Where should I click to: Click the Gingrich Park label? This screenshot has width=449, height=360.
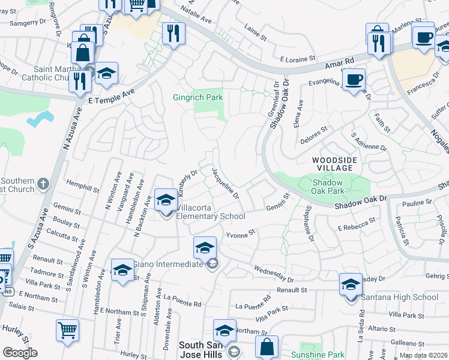[198, 97]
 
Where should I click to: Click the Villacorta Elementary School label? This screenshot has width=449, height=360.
[210, 216]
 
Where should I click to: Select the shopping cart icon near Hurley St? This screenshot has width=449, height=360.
[67, 330]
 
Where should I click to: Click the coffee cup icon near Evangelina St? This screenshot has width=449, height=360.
[354, 79]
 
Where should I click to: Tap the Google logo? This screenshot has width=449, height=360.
[20, 353]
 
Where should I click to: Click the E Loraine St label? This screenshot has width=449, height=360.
[298, 59]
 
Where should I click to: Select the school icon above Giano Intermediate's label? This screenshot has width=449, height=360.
[205, 247]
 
